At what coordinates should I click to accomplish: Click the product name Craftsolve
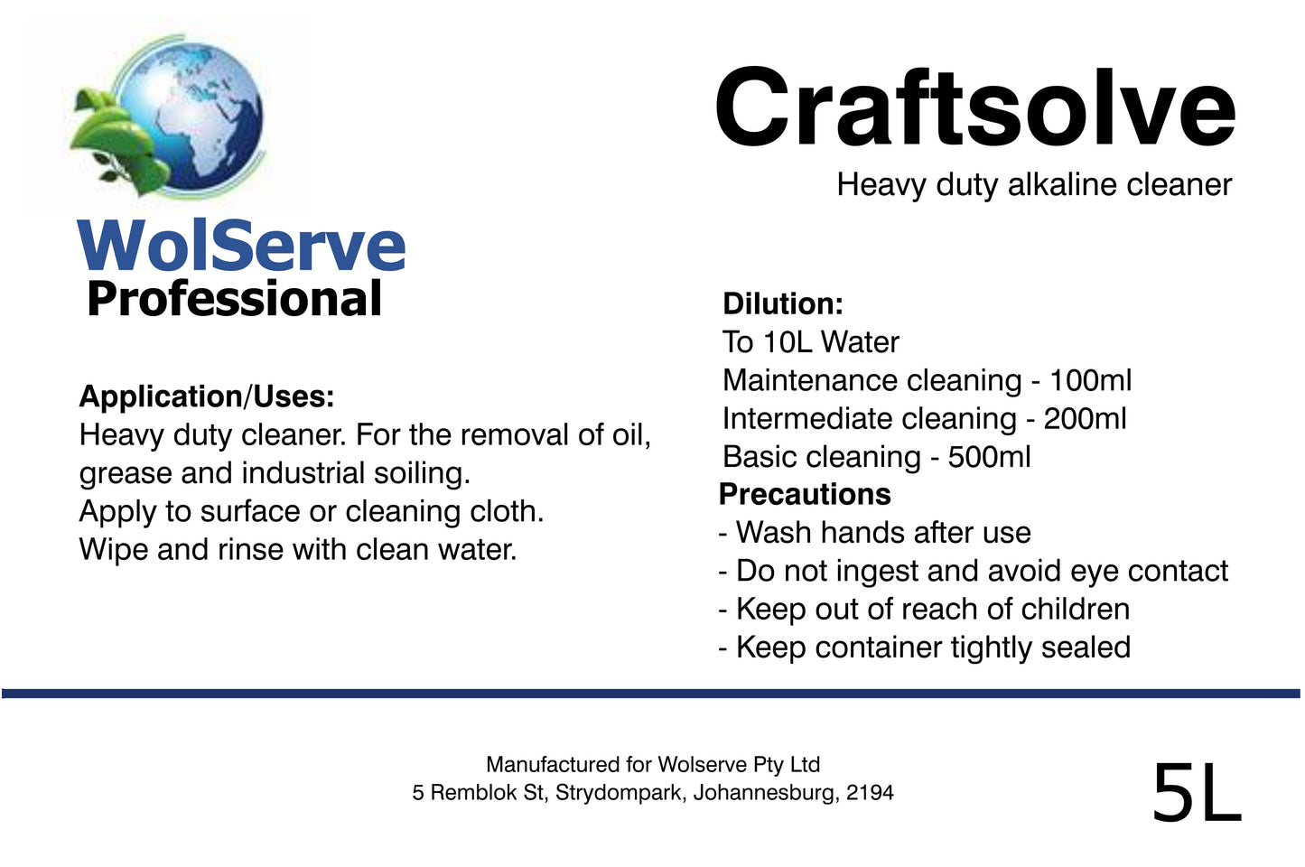974,108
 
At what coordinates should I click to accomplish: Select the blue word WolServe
242,246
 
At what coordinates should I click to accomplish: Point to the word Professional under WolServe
234,299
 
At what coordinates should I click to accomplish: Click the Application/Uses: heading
207,396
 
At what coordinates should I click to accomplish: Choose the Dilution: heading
782,303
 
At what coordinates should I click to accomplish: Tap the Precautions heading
805,495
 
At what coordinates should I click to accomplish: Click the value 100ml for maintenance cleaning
1090,380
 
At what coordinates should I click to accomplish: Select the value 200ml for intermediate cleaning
1085,419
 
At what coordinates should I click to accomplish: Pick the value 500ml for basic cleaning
989,457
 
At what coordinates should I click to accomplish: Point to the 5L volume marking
1197,793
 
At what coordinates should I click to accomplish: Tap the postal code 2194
870,793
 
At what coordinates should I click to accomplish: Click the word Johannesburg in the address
765,793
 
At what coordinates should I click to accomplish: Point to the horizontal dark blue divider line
650,694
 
